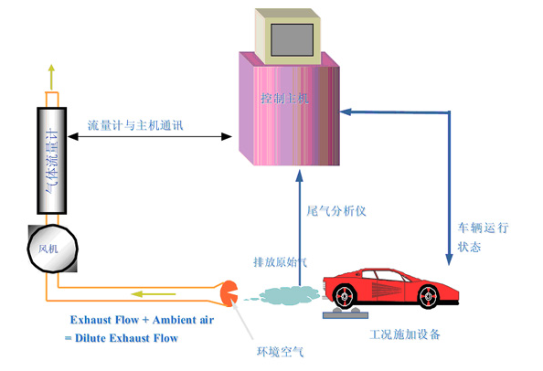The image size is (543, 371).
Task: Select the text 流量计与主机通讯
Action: [x=134, y=124]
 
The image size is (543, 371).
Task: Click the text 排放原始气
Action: [x=280, y=261]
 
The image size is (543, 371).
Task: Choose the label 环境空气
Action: [x=278, y=349]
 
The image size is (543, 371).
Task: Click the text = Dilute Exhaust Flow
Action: [x=121, y=339]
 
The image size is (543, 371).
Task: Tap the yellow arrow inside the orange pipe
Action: [x=146, y=293]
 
